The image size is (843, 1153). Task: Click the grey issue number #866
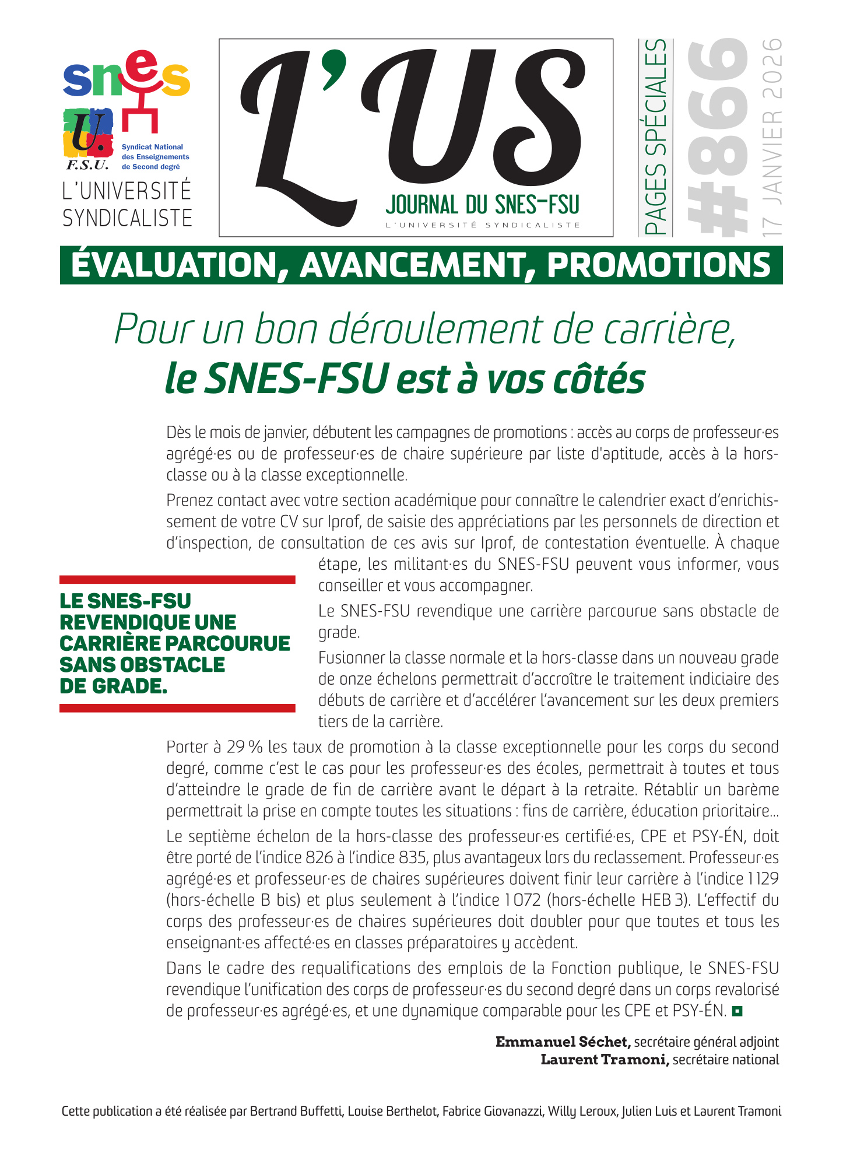pos(717,138)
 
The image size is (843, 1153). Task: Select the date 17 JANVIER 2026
pos(772,138)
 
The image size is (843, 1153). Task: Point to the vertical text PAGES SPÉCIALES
pos(656,138)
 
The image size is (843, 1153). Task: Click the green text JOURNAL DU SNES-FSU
pos(482,205)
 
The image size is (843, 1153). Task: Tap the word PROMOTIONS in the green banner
pos(659,265)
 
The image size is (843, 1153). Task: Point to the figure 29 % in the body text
pos(245,747)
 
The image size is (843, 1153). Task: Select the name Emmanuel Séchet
pos(562,1042)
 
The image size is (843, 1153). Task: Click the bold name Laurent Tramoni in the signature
pos(604,1060)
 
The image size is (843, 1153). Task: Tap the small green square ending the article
pos(737,1011)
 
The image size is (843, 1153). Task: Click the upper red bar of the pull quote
pos(177,579)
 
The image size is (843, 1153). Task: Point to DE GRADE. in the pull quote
pos(113,686)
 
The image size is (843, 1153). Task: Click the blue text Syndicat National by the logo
pos(152,147)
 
